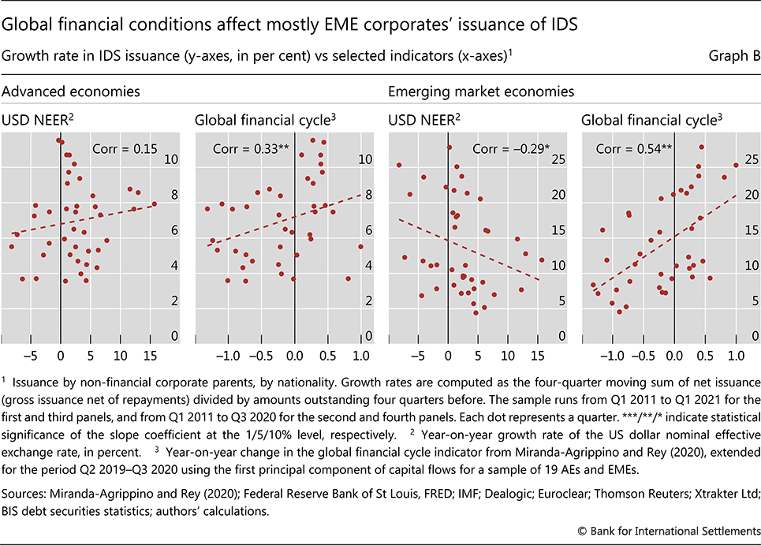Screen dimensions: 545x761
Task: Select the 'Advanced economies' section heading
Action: pyautogui.click(x=71, y=91)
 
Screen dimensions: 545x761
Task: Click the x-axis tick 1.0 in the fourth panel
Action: pyautogui.click(x=736, y=353)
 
